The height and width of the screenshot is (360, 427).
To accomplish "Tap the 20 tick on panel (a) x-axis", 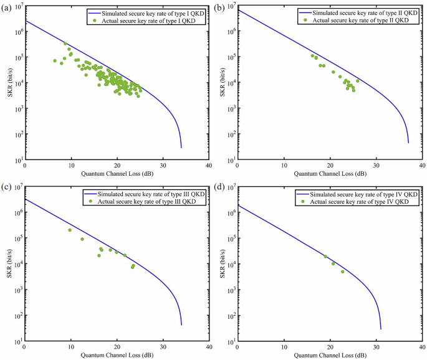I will pos(117,166).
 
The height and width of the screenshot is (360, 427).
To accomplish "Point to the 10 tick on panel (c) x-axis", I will pos(70,347).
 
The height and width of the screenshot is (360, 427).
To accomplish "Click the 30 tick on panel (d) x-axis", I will pos(376,347).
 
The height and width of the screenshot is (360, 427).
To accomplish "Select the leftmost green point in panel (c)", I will pos(70,230).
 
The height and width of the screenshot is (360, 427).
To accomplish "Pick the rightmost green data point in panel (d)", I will pos(342,272).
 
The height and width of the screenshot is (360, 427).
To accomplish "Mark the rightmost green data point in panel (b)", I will pos(357,81).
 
